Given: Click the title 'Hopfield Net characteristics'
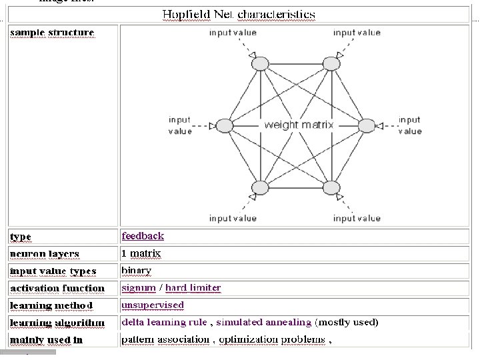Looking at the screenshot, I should pos(239,14).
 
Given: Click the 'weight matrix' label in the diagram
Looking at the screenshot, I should pos(299,125).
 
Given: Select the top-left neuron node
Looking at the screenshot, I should pos(258,63).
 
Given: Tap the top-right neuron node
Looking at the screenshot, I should pos(331,63).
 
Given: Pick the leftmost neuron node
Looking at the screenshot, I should pos(225,125).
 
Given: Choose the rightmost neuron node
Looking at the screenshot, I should pos(367,125).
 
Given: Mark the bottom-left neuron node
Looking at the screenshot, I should pos(259,187).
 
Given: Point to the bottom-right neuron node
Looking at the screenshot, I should pos(331,187).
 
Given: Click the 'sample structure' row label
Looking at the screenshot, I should pos(52,32).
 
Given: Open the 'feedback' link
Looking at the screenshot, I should pos(143,235).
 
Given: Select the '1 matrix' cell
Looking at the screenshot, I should pos(141,253).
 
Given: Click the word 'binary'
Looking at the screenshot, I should pos(136,270).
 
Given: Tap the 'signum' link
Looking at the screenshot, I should pos(139,287).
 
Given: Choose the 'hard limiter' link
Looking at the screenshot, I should pos(193,287).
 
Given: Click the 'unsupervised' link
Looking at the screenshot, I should pos(153,305).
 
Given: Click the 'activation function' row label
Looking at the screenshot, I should pos(57,288).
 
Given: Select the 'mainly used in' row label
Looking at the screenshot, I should pos(47,340).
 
